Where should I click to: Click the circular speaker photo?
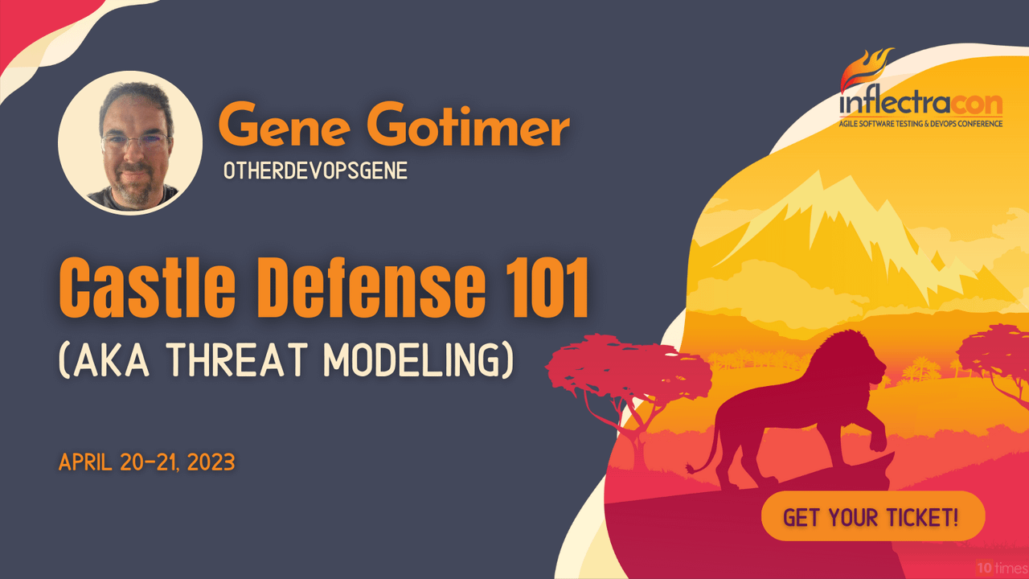tap(130, 143)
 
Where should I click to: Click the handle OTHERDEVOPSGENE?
tap(315, 171)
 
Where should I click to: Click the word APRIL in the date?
tap(85, 462)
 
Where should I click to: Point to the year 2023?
tap(211, 462)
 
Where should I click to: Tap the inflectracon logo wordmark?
tap(920, 105)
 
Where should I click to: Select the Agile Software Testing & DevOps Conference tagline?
tap(920, 124)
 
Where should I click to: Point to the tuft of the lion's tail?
tap(690, 469)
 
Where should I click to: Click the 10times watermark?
tap(1002, 569)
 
